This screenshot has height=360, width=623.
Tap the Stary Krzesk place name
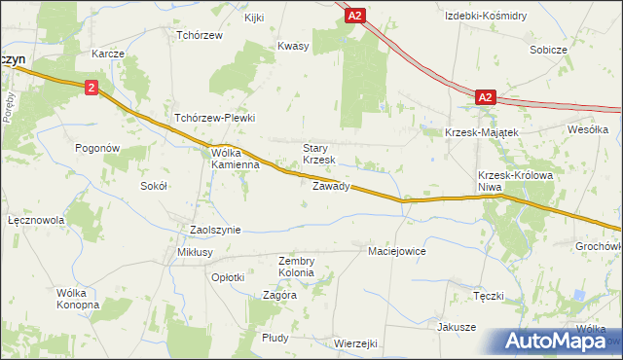pyautogui.click(x=318, y=153)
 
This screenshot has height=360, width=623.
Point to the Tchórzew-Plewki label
pyautogui.click(x=214, y=118)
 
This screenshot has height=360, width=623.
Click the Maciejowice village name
pyautogui.click(x=397, y=251)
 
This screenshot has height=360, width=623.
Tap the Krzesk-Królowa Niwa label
pyautogui.click(x=510, y=181)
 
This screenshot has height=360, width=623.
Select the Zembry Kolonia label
pyautogui.click(x=296, y=267)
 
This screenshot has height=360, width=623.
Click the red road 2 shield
pyautogui.click(x=91, y=88)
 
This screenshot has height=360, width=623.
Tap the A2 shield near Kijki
pyautogui.click(x=356, y=15)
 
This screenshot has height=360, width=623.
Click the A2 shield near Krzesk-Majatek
pyautogui.click(x=487, y=97)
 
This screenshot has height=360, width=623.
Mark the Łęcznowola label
pyautogui.click(x=35, y=221)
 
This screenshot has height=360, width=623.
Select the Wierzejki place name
pyautogui.click(x=354, y=343)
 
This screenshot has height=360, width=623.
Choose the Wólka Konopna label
pyautogui.click(x=78, y=299)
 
